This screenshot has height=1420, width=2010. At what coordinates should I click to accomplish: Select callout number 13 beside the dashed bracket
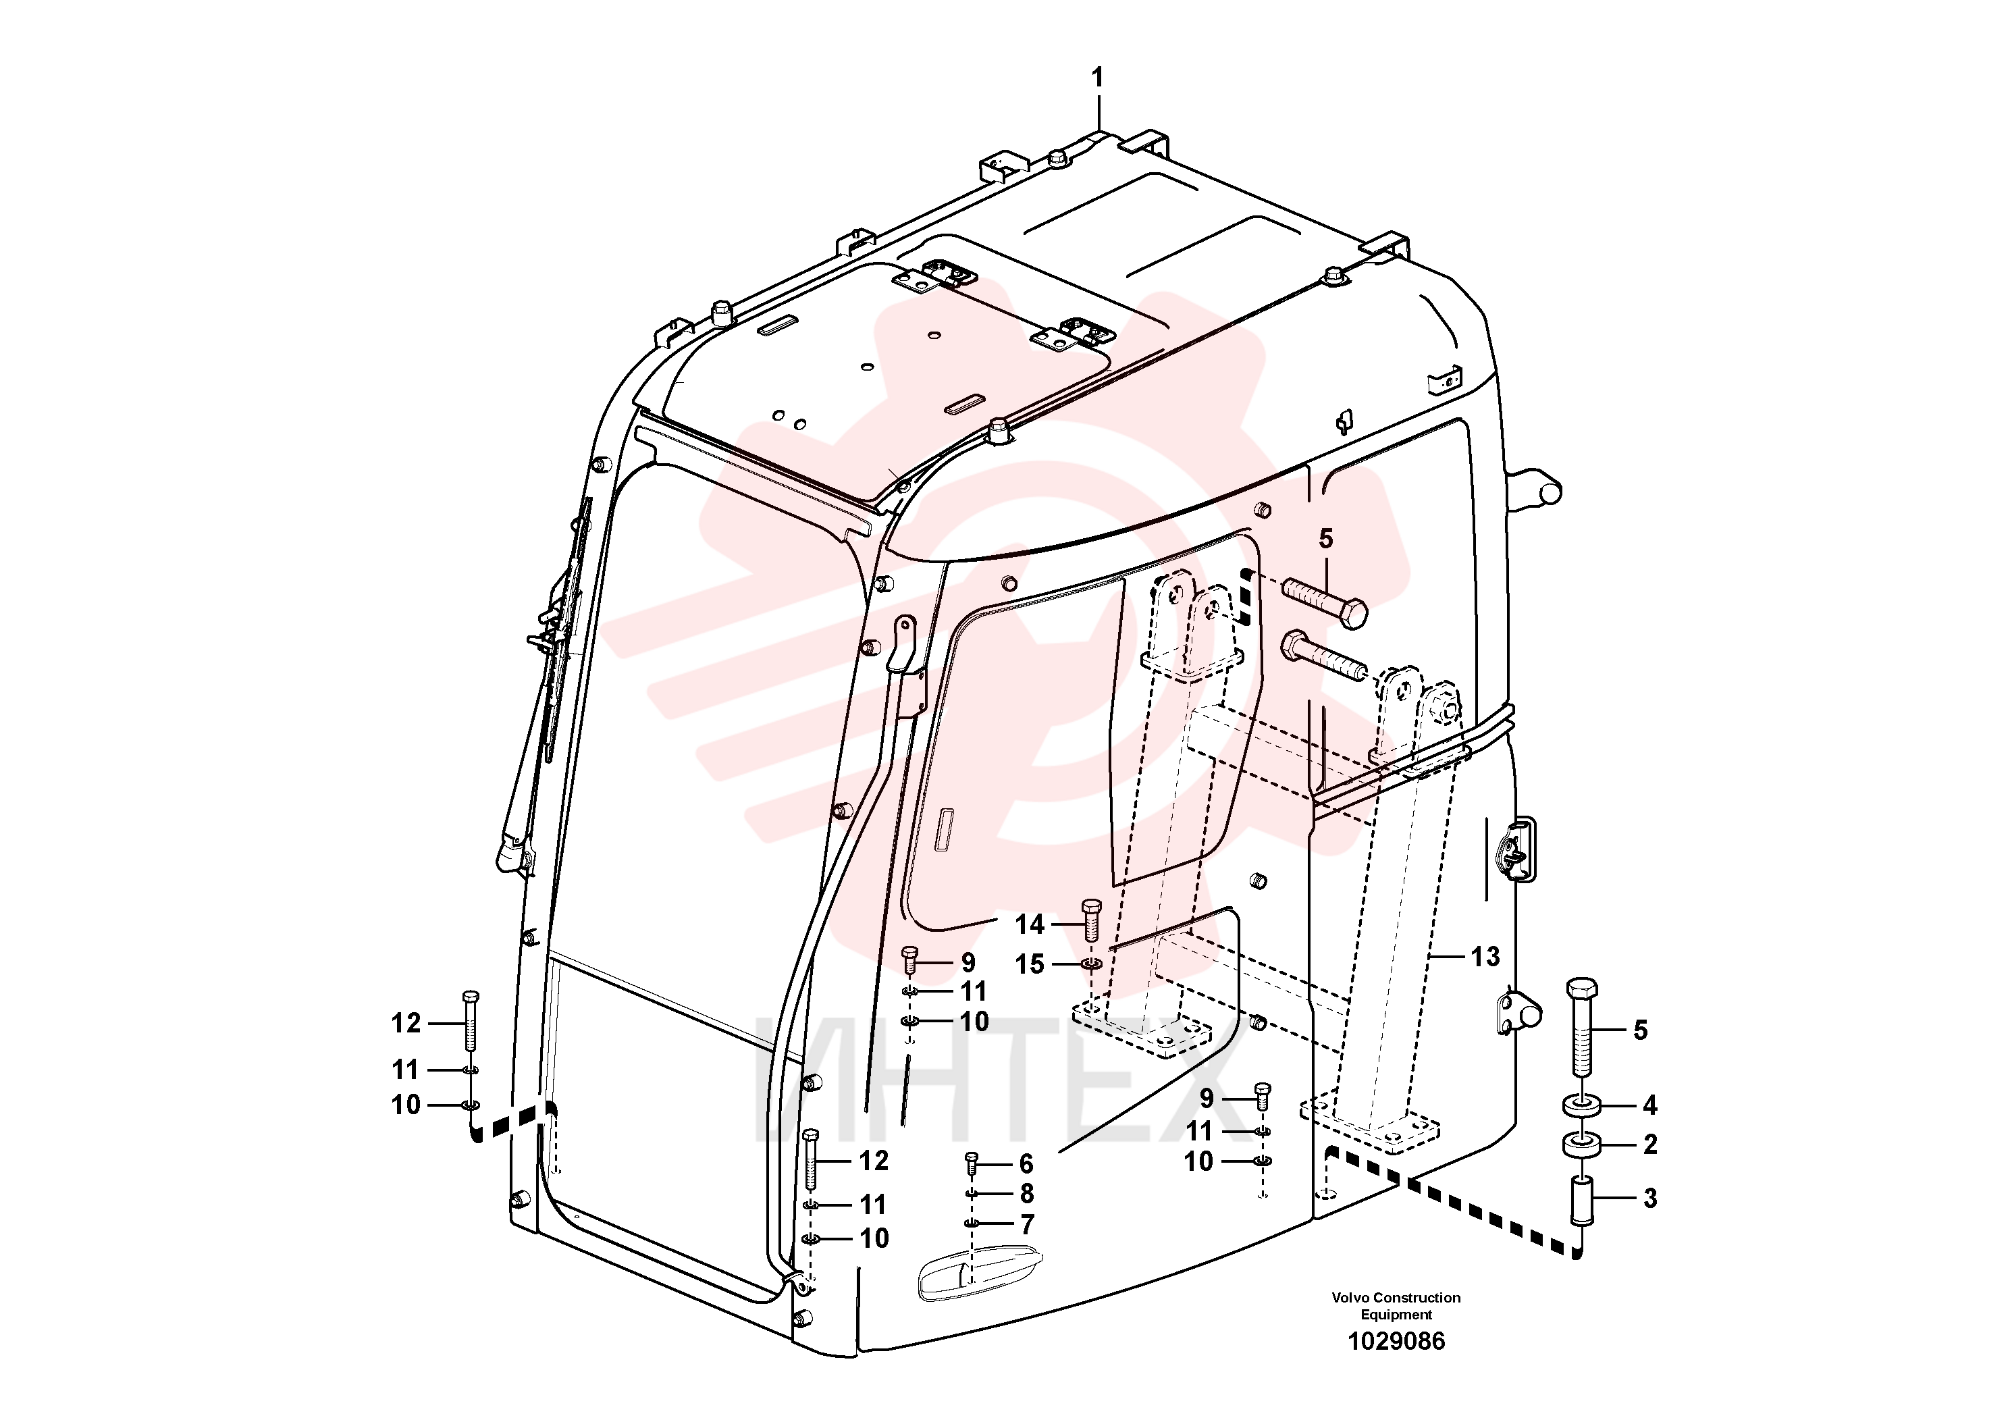pos(1485,957)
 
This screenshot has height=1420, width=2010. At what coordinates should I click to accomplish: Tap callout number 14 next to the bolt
pos(1030,924)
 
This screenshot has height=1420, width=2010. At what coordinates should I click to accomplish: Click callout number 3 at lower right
pos(1650,1198)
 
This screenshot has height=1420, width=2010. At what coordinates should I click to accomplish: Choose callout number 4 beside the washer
pos(1650,1106)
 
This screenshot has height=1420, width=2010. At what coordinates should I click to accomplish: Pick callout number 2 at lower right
pos(1650,1145)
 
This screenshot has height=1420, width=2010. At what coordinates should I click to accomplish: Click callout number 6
pos(1027,1163)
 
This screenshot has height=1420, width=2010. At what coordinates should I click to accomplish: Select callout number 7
pos(1027,1224)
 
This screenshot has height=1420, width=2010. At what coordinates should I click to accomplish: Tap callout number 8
pos(1027,1193)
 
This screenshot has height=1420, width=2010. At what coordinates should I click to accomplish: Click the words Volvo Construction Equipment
pos(1396,1305)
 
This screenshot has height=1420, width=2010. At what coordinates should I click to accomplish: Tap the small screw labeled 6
pos(971,1163)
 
